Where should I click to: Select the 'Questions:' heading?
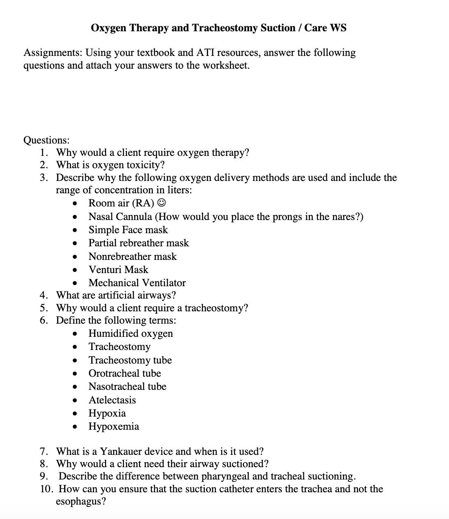pyautogui.click(x=46, y=140)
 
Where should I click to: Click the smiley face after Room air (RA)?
pyautogui.click(x=162, y=203)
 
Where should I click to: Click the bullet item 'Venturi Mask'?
pyautogui.click(x=118, y=270)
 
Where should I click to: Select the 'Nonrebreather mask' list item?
pyautogui.click(x=132, y=257)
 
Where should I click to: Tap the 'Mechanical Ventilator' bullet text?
pyautogui.click(x=137, y=283)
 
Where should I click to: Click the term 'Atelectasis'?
pyautogui.click(x=112, y=400)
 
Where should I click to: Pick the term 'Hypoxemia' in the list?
pyautogui.click(x=113, y=426)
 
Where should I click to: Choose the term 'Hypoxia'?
pyautogui.click(x=107, y=413)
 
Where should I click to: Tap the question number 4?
pyautogui.click(x=44, y=295)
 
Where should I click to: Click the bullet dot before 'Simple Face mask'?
pyautogui.click(x=75, y=230)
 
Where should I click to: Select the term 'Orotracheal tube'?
pyautogui.click(x=125, y=373)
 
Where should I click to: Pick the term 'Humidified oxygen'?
pyautogui.click(x=131, y=334)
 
